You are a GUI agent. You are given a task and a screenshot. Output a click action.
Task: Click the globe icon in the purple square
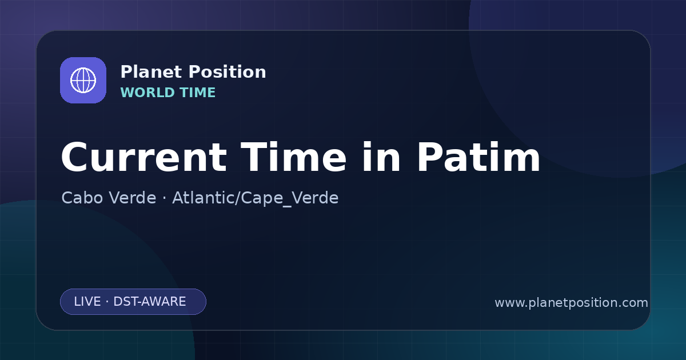pyautogui.click(x=83, y=81)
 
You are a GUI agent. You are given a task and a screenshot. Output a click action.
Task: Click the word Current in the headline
pyautogui.click(x=144, y=157)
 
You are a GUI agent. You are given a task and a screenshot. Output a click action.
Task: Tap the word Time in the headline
pyautogui.click(x=293, y=157)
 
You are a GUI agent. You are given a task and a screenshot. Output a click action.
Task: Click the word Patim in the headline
pyautogui.click(x=478, y=157)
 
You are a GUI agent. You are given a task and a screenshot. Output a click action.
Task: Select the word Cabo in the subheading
pyautogui.click(x=82, y=198)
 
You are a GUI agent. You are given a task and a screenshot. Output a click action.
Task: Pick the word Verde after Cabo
pyautogui.click(x=132, y=198)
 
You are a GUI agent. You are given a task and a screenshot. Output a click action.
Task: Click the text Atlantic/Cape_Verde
pyautogui.click(x=256, y=198)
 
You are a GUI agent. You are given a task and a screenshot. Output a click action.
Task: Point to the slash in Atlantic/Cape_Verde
pyautogui.click(x=237, y=198)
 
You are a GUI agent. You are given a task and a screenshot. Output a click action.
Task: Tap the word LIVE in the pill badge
pyautogui.click(x=87, y=302)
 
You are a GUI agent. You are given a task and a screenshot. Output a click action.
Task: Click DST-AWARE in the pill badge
pyautogui.click(x=150, y=302)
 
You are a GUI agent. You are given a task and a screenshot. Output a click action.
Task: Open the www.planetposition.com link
pyautogui.click(x=572, y=303)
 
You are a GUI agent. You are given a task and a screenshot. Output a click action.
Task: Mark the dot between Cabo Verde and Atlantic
pyautogui.click(x=165, y=198)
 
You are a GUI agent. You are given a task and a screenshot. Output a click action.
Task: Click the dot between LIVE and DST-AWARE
pyautogui.click(x=107, y=302)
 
